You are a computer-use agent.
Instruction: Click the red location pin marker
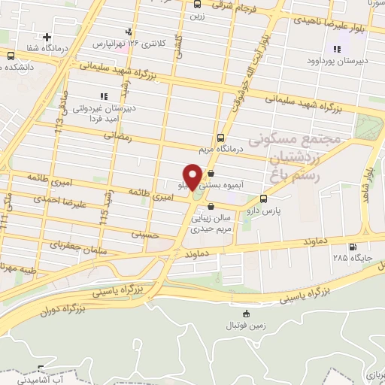point(192,177)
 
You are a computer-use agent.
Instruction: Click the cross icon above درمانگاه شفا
point(47,37)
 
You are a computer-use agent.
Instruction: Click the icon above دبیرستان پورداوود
point(336,50)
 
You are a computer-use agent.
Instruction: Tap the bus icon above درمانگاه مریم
point(220,138)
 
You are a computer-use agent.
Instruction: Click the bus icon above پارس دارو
point(263,199)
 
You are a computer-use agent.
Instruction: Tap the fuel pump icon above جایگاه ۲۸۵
point(352,247)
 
